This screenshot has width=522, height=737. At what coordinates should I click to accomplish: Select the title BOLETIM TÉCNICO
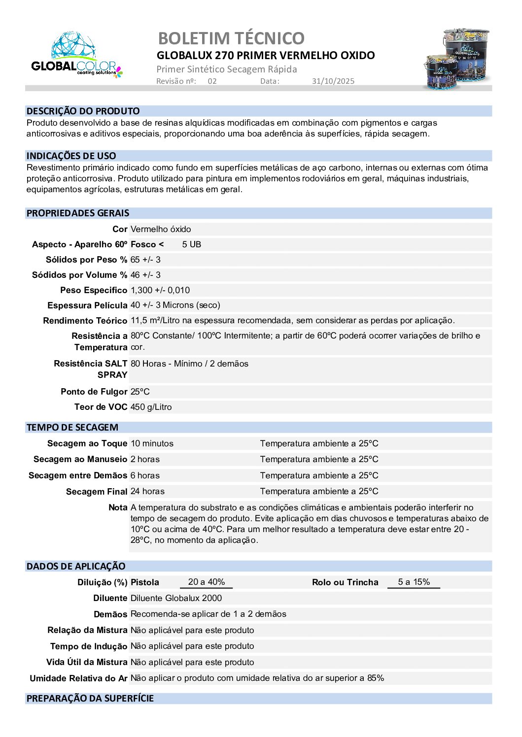(231, 38)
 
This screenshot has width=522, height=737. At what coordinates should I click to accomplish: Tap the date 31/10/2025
(333, 81)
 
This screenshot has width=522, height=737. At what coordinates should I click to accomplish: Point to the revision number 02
(212, 81)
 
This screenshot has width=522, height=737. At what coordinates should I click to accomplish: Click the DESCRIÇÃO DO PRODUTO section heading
(83, 111)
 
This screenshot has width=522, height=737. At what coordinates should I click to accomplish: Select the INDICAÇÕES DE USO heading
(71, 156)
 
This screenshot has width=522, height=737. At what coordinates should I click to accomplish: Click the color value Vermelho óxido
(161, 229)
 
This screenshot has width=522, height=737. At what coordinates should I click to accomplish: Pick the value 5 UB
(191, 244)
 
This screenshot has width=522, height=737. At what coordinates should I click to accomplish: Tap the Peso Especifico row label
(94, 290)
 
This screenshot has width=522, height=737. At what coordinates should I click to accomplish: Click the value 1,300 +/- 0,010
(160, 290)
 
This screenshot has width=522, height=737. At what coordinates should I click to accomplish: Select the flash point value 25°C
(140, 392)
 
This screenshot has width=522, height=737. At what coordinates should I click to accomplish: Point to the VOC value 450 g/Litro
(151, 407)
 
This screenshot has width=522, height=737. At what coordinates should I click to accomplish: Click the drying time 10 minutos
(152, 443)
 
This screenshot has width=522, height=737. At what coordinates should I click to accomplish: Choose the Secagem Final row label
(97, 492)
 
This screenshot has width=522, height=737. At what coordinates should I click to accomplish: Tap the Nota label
(118, 507)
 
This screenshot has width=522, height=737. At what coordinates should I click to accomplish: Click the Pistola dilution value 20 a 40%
(207, 582)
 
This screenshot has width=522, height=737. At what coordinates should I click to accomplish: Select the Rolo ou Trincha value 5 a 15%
(414, 582)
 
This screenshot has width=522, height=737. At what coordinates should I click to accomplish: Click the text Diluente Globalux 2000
(176, 598)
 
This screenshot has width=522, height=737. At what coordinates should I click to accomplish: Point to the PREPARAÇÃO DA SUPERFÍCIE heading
(90, 698)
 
